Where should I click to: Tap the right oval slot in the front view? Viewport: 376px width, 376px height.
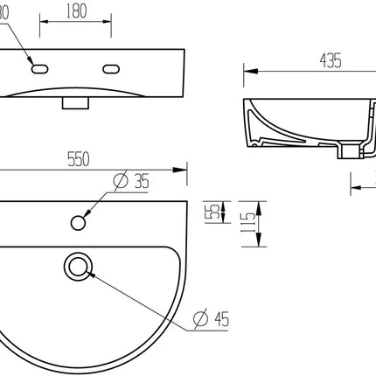113,69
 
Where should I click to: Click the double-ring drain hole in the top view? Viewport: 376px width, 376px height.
80,264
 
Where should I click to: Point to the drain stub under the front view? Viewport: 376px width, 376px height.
76,102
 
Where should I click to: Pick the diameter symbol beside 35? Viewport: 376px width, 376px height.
119,181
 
